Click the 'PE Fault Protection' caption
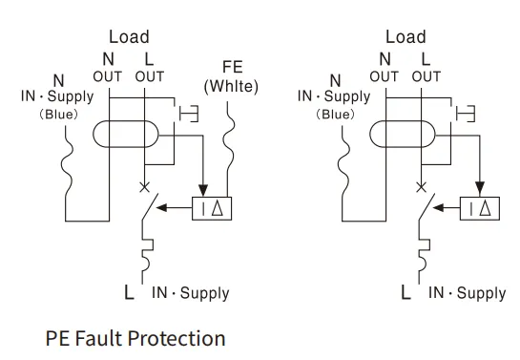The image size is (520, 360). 135,338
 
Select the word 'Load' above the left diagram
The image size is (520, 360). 129,37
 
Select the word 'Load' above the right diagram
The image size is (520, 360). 406,37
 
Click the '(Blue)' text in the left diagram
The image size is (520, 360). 56,115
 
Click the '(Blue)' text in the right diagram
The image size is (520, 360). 334,114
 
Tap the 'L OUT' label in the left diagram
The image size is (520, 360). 148,68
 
